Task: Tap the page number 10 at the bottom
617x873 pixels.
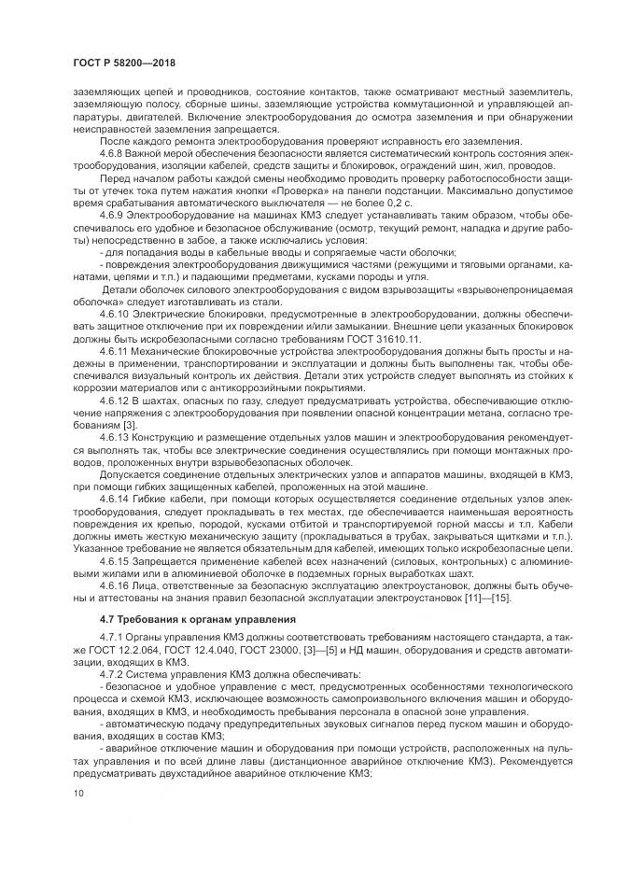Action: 77,794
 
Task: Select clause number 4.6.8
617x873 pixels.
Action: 113,153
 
